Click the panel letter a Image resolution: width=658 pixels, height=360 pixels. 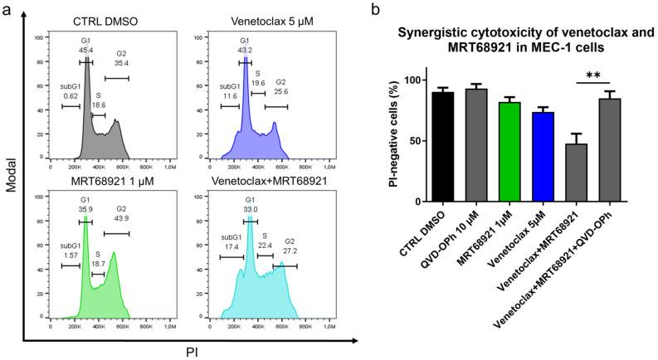click(7, 10)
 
